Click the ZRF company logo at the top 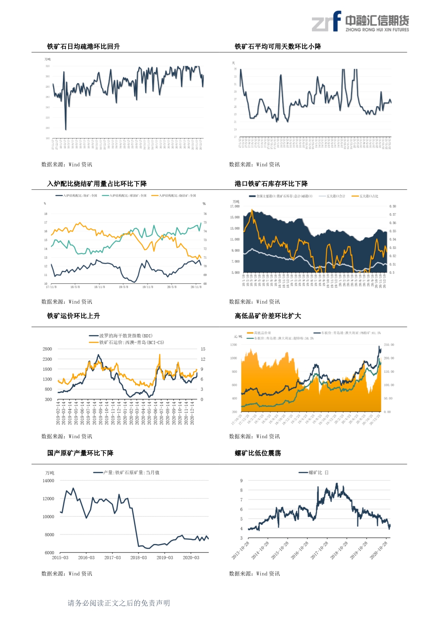[x=360, y=22]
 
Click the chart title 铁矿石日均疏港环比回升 [x=84, y=46]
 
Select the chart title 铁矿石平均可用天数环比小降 [x=278, y=46]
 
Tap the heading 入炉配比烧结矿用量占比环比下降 [x=97, y=184]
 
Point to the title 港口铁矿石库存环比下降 [x=271, y=184]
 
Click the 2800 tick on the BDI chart [x=47, y=349]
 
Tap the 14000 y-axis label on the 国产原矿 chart [x=48, y=481]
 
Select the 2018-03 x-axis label [x=138, y=558]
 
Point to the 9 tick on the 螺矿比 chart [x=242, y=481]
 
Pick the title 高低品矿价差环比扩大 [x=268, y=316]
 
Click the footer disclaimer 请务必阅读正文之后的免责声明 [x=119, y=603]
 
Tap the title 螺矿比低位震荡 [x=258, y=453]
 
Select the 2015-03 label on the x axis [x=60, y=558]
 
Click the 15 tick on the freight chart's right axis [x=203, y=349]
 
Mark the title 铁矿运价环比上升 [x=73, y=316]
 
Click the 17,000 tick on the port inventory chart [x=235, y=206]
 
